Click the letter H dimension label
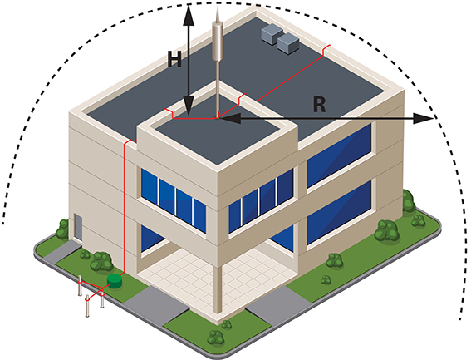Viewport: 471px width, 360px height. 174,59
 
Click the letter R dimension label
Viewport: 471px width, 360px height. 319,105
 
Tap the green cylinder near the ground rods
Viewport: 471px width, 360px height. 115,281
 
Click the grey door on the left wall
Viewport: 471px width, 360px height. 78,227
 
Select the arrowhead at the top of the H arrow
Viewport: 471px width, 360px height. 189,15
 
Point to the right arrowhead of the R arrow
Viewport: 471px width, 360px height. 424,119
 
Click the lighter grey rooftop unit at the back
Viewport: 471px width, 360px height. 272,34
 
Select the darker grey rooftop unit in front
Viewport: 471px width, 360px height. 288,44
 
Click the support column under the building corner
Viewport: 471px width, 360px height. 217,288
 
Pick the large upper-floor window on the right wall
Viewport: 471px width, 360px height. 339,156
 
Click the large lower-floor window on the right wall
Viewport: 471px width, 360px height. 339,213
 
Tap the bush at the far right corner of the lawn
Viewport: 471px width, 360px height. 408,201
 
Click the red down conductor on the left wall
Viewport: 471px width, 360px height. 124,208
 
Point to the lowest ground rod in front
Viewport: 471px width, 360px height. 87,306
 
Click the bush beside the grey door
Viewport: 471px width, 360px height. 63,229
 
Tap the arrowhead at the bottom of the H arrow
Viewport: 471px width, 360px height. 189,106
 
